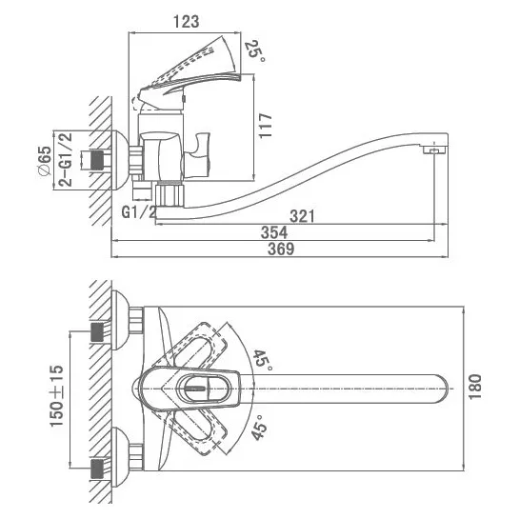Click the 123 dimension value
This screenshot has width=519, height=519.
(x=187, y=22)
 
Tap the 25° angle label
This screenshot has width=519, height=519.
(x=257, y=51)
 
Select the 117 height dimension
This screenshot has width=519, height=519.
(x=266, y=126)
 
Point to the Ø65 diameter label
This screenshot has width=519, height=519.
(x=45, y=161)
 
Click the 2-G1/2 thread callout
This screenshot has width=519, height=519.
(x=65, y=159)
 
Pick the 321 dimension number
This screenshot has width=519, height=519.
(x=302, y=216)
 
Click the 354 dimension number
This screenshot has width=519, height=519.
(x=274, y=232)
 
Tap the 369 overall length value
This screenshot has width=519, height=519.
(x=281, y=249)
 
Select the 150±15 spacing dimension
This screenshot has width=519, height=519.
(x=56, y=396)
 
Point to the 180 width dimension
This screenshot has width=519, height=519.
(x=475, y=387)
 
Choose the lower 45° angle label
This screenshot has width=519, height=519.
(x=259, y=428)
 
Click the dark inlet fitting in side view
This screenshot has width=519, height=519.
(x=96, y=160)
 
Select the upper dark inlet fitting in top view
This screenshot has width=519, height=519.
(x=97, y=332)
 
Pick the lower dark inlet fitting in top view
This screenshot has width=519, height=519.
(x=97, y=469)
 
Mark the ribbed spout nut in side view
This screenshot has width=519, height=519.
(x=169, y=195)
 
